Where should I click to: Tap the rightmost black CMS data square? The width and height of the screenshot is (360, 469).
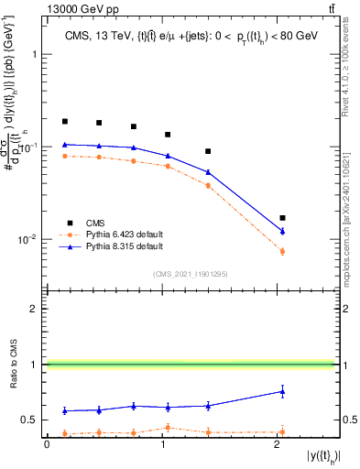pos(282,218)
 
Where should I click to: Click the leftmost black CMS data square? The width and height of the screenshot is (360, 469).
pos(65,121)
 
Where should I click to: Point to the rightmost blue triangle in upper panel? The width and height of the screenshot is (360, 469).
pos(282,231)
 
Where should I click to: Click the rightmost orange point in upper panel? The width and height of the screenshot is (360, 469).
pos(282,251)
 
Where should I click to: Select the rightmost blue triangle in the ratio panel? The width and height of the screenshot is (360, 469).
pos(282,391)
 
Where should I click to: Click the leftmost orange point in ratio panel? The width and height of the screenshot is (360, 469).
pos(65,433)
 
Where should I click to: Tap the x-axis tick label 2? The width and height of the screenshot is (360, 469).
pos(277,445)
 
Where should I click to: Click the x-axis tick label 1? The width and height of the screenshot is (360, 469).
pos(162,445)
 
